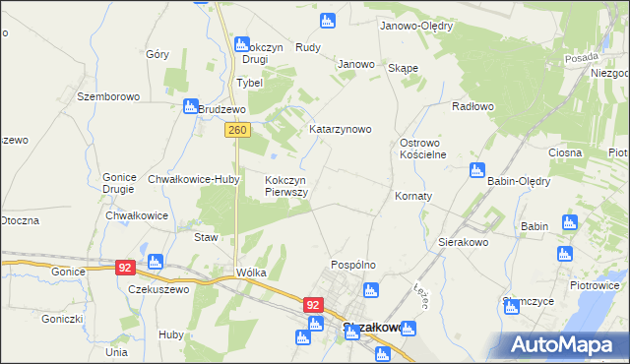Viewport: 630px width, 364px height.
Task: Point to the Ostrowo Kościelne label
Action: coord(423,149)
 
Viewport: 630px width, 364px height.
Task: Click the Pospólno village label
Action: coord(353,266)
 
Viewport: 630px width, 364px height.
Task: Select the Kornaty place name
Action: coord(413,197)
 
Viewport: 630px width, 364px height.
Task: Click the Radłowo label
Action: coord(472,105)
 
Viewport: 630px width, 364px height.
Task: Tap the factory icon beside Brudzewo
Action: coord(190,106)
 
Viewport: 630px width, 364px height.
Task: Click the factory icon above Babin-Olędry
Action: coord(477,169)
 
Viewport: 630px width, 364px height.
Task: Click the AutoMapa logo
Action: coord(564,344)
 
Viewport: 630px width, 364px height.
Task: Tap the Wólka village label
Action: coord(251,273)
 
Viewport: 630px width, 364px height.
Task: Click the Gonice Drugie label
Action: coord(119,183)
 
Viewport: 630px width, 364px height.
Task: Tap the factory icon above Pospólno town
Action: coord(370,289)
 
